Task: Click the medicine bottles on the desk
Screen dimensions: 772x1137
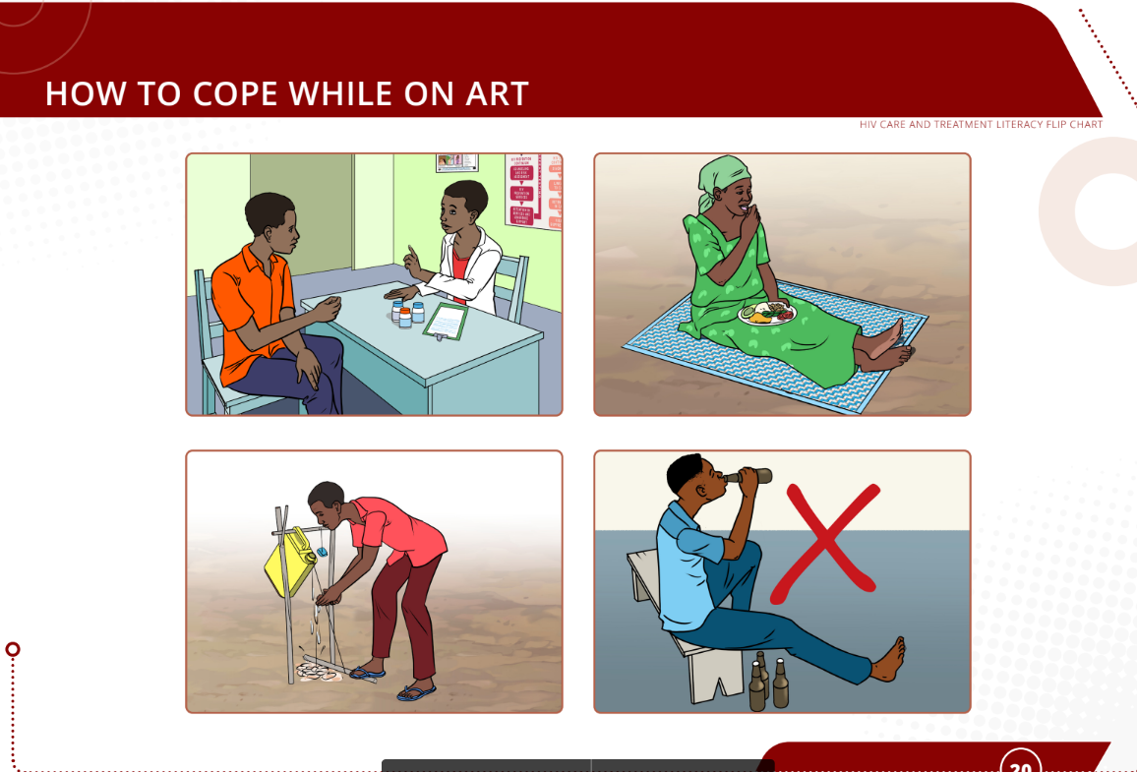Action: pos(407,314)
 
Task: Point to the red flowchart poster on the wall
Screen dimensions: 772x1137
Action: pos(531,190)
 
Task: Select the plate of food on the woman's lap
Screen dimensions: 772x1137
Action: pos(767,314)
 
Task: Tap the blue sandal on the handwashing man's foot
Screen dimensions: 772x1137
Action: pos(416,692)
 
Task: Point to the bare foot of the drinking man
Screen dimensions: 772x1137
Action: pos(887,660)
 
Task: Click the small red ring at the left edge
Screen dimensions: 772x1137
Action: pos(13,649)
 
